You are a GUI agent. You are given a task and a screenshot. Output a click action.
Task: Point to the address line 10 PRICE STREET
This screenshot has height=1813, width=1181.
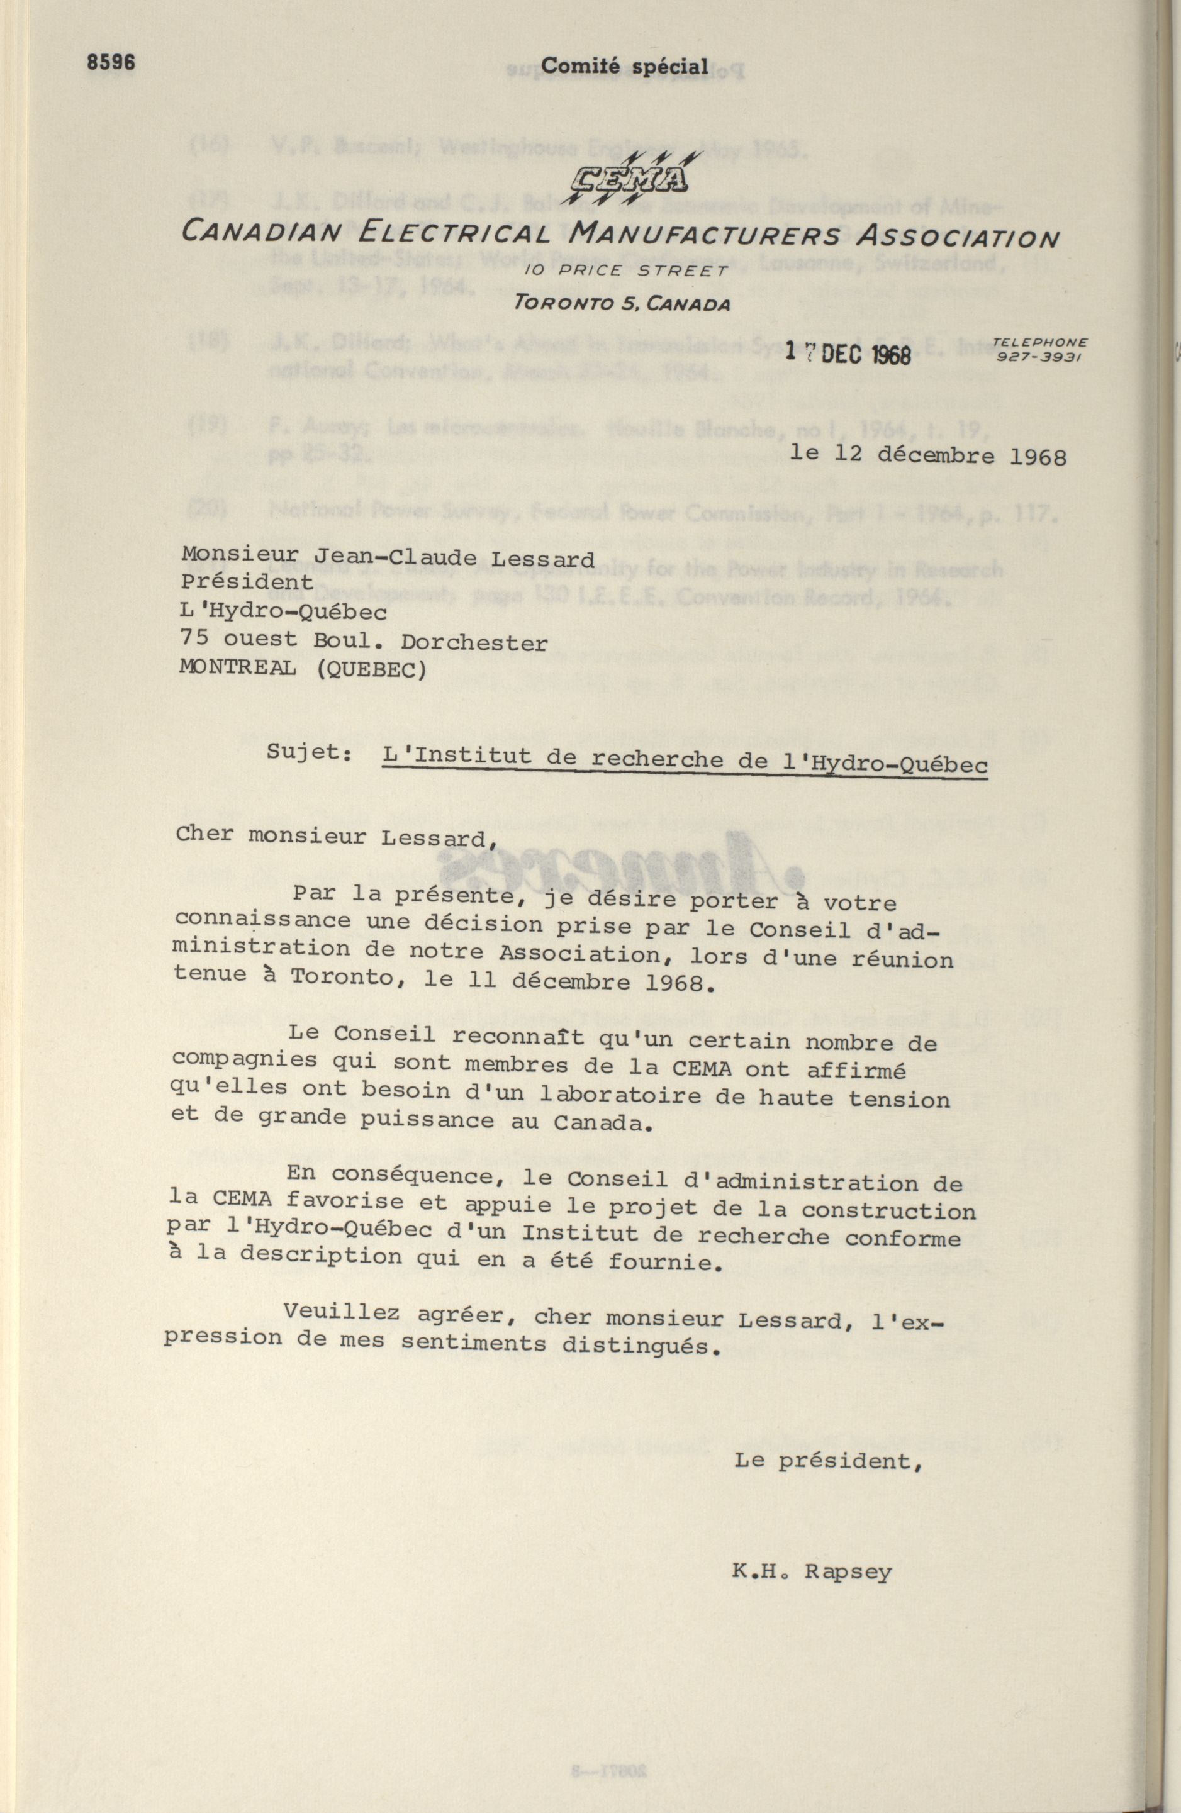(x=627, y=271)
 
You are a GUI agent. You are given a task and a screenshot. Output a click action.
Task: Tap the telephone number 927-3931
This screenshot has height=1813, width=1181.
(x=1039, y=355)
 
